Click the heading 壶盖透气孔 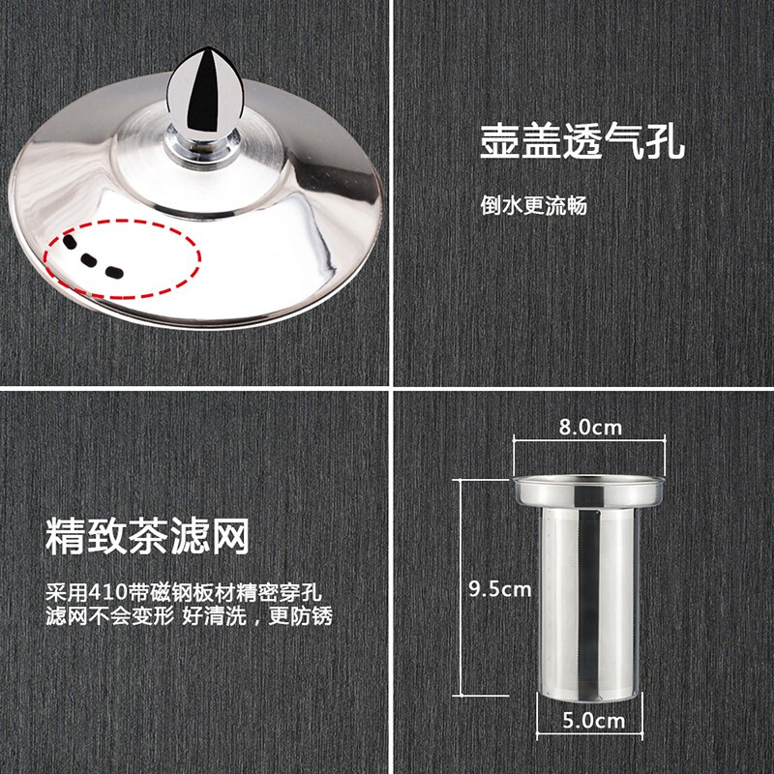[x=582, y=142]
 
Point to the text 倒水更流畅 [x=534, y=205]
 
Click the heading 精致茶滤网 [x=148, y=536]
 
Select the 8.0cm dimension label [x=590, y=427]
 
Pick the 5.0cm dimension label [x=592, y=719]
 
